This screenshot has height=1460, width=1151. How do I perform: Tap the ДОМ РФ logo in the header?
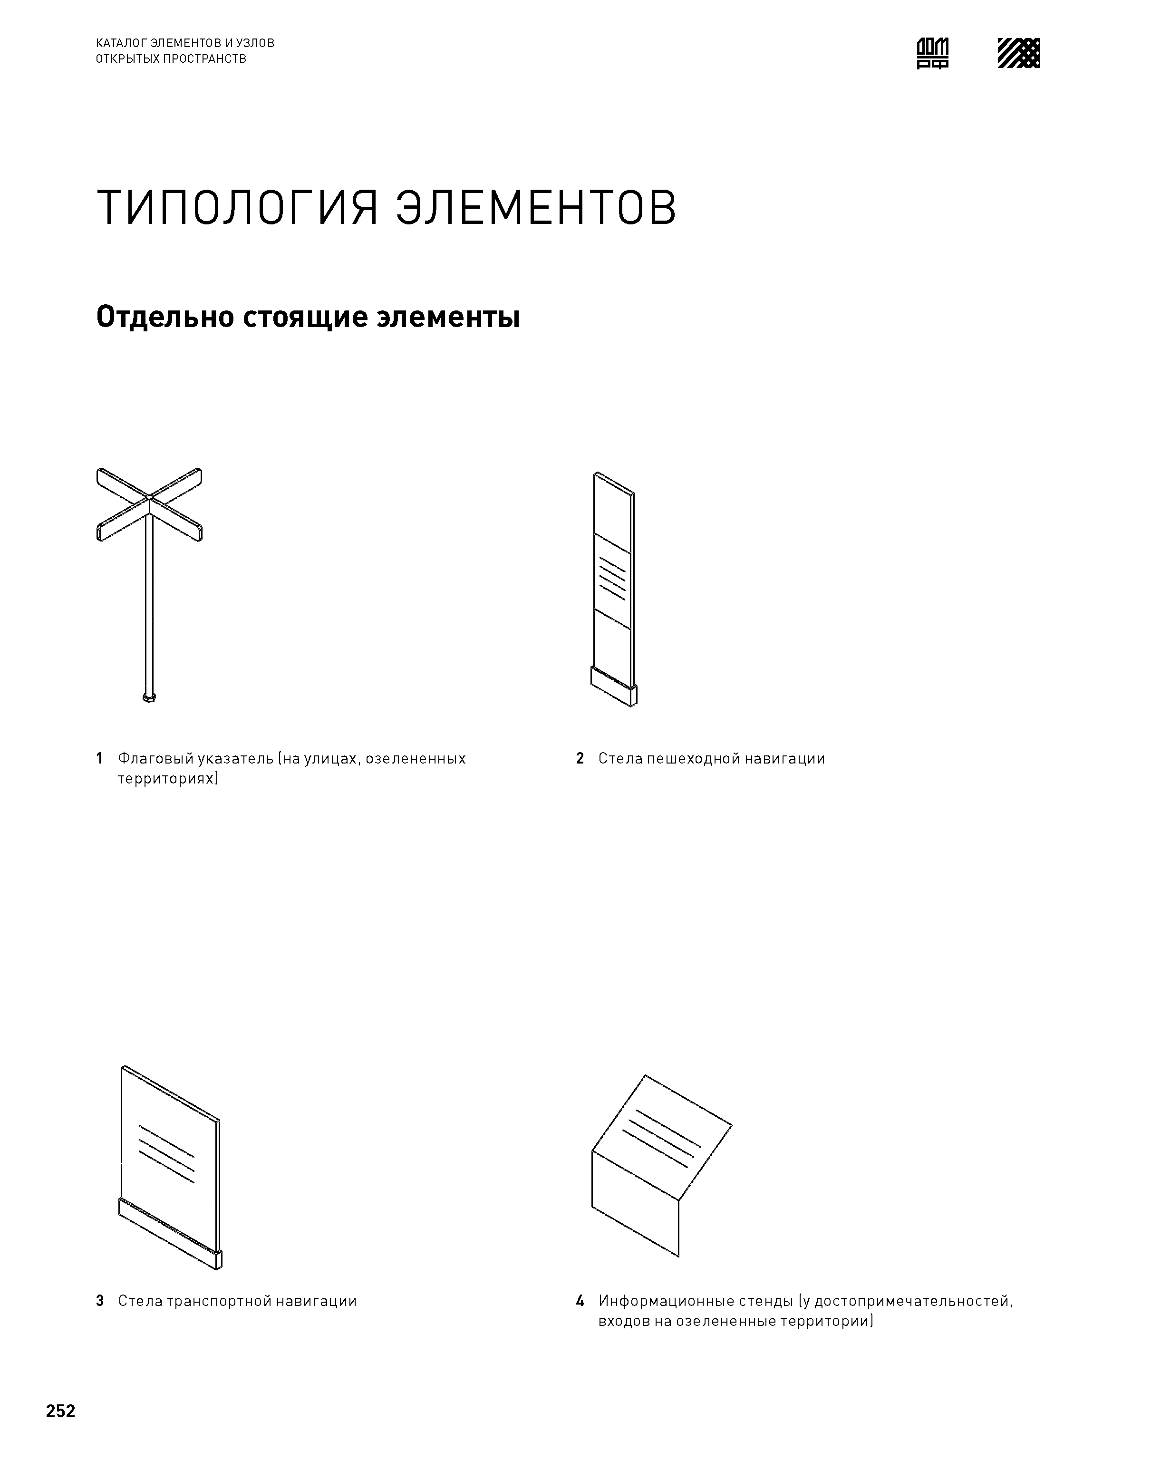[933, 53]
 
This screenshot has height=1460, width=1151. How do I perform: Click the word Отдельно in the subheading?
[164, 317]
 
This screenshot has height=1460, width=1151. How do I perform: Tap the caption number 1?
[100, 759]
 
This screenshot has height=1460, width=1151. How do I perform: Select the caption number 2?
[580, 759]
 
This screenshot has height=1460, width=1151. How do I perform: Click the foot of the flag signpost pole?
[149, 696]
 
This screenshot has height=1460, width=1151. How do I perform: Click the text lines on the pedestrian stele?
[612, 578]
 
